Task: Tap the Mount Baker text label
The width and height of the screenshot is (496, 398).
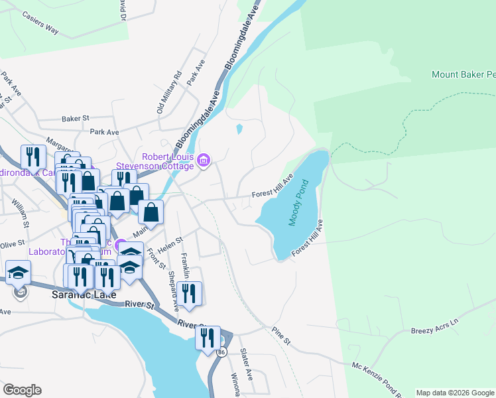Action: tap(463, 74)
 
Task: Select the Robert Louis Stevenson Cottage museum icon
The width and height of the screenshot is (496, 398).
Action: tap(204, 159)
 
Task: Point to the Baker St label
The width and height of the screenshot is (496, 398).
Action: tap(75, 119)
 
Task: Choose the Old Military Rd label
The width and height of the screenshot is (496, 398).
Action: tap(169, 92)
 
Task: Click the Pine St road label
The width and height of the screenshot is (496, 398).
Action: tap(281, 336)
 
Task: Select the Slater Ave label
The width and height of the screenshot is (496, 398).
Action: tap(246, 364)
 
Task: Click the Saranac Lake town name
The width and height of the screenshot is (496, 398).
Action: tap(84, 295)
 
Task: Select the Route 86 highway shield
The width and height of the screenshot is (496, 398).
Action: tap(221, 352)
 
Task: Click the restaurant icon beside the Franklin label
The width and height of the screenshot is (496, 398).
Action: tap(189, 293)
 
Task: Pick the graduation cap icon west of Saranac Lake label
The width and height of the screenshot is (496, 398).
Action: tap(18, 272)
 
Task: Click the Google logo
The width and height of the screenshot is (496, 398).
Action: tap(22, 389)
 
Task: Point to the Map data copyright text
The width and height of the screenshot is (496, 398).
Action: tap(454, 393)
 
